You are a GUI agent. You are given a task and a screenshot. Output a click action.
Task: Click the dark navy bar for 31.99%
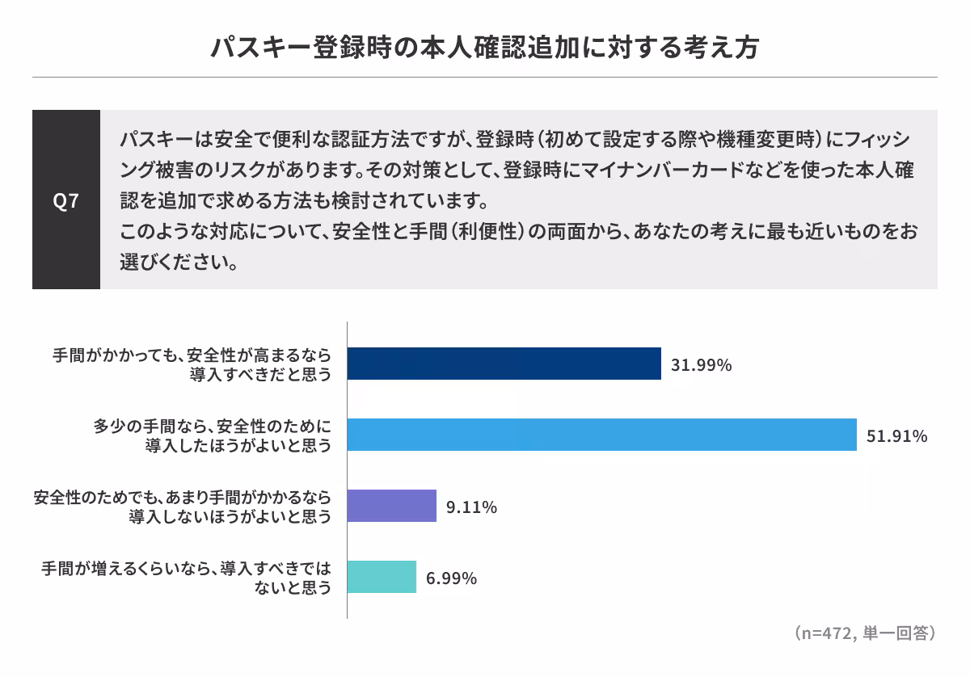[504, 364]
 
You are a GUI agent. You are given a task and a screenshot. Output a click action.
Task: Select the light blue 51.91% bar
[602, 435]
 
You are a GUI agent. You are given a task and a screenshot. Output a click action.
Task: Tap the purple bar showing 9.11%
[392, 506]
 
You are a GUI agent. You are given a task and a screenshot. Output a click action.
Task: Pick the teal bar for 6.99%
[382, 577]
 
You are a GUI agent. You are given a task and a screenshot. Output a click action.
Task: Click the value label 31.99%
[702, 365]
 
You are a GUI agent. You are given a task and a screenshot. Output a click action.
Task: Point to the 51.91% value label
[896, 436]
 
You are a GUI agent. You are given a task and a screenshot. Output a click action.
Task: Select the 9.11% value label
[471, 507]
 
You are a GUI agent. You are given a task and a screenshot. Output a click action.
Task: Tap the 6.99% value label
[451, 578]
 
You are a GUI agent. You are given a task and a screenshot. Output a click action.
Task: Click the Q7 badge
[66, 200]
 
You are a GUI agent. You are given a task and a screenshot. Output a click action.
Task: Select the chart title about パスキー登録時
[485, 48]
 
